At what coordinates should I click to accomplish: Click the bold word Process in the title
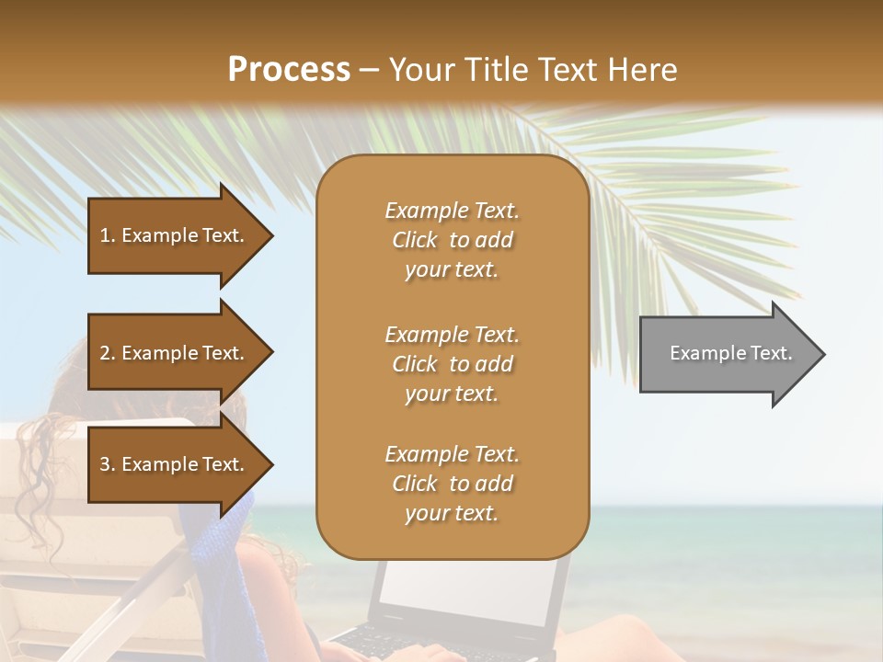point(289,70)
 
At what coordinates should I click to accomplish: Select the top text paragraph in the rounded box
point(452,240)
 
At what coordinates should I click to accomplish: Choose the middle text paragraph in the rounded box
point(452,364)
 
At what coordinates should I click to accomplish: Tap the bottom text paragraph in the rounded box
point(452,484)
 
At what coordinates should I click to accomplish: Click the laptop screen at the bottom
point(469,588)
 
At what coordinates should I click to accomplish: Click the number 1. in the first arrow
point(108,235)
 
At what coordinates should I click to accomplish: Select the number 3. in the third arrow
point(108,464)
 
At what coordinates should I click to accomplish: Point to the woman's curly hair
point(55,460)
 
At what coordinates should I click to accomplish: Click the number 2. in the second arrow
point(108,353)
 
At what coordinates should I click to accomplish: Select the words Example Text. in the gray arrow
point(731,353)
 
